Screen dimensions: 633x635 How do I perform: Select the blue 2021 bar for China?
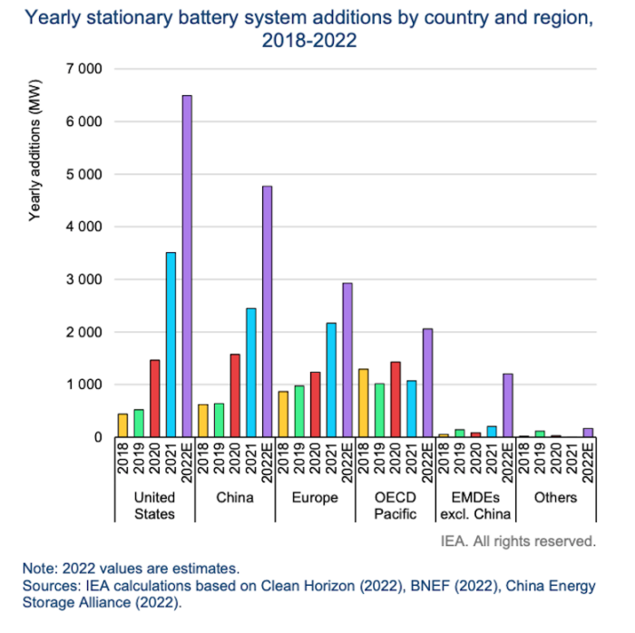[x=251, y=372]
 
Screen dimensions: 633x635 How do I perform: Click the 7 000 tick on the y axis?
[x=84, y=69]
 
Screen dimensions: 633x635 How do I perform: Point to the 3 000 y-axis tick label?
[x=84, y=279]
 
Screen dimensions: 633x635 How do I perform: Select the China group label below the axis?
[x=235, y=498]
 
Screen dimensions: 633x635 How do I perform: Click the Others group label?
[x=555, y=498]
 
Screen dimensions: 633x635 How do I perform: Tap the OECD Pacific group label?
[x=396, y=506]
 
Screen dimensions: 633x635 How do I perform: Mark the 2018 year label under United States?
[x=122, y=457]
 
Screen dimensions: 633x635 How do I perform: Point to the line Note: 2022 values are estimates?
[x=132, y=569]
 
